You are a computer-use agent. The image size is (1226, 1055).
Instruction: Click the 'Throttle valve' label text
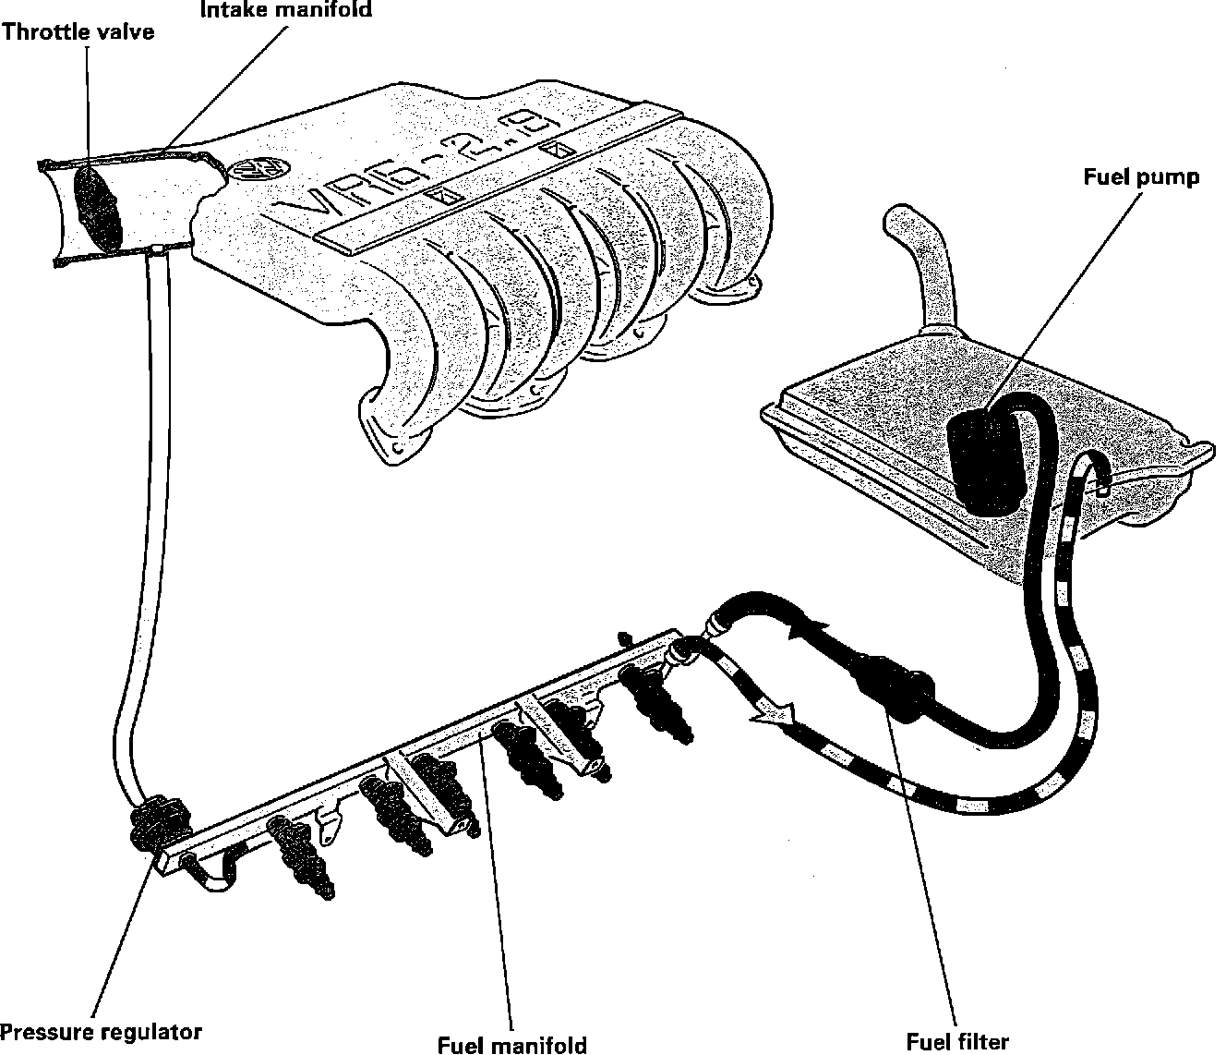78,32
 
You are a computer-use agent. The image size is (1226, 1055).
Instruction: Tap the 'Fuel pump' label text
1141,177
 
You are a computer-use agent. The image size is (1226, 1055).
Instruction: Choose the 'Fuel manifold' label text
512,1044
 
